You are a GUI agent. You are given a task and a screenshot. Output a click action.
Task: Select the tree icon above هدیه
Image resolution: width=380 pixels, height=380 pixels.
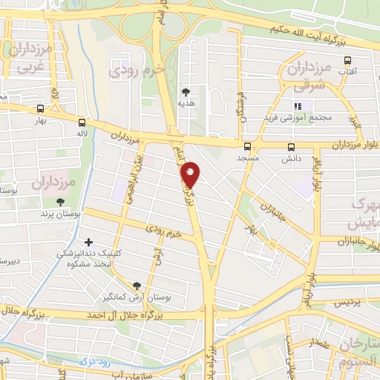185,92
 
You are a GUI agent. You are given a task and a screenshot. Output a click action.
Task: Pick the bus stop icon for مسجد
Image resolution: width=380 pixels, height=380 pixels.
246,146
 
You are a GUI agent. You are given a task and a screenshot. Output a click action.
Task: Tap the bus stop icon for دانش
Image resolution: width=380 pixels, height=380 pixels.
290,146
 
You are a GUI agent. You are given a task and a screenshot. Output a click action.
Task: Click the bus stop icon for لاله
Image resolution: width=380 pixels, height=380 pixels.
81,123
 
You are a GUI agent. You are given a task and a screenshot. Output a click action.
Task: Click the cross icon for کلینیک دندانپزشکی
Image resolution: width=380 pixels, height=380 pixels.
89,242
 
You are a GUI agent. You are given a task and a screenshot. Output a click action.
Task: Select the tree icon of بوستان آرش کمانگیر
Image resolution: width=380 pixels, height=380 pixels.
136,286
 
